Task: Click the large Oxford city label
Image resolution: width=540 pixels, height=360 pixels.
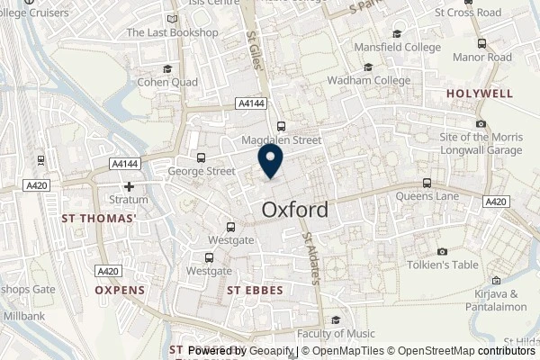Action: [x=295, y=209]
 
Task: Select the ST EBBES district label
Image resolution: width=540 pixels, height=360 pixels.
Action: [x=256, y=290]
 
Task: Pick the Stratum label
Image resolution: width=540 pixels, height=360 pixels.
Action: [x=130, y=202]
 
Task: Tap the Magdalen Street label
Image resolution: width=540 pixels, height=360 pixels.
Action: [x=282, y=140]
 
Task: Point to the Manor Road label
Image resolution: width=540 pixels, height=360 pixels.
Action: [x=482, y=58]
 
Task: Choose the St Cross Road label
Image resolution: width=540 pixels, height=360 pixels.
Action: [x=469, y=13]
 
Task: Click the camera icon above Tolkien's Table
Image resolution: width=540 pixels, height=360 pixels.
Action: [x=443, y=251]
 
